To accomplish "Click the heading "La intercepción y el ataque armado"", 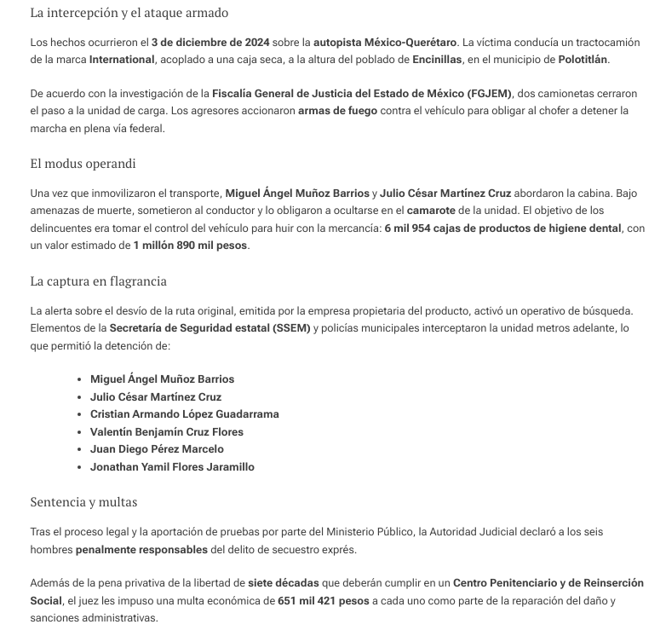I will pos(129,14).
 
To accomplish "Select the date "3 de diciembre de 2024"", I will pos(210,42).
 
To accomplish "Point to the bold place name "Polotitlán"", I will pos(583,60).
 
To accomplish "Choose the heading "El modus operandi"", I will pos(83,164).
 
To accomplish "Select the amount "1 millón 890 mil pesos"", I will pos(190,246).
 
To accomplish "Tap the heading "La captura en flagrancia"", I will pos(98,280).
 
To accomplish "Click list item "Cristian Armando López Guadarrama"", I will pos(184,414).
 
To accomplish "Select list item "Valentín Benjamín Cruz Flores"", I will pos(167,432).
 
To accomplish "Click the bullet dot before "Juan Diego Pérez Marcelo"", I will pos(79,449).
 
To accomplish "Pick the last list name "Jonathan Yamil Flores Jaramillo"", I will pos(172,467).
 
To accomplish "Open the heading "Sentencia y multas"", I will pos(83,502).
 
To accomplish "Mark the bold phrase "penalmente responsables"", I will pos(141,550).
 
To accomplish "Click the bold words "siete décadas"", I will pos(283,584).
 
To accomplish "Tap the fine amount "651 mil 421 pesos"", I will pos(323,602).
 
